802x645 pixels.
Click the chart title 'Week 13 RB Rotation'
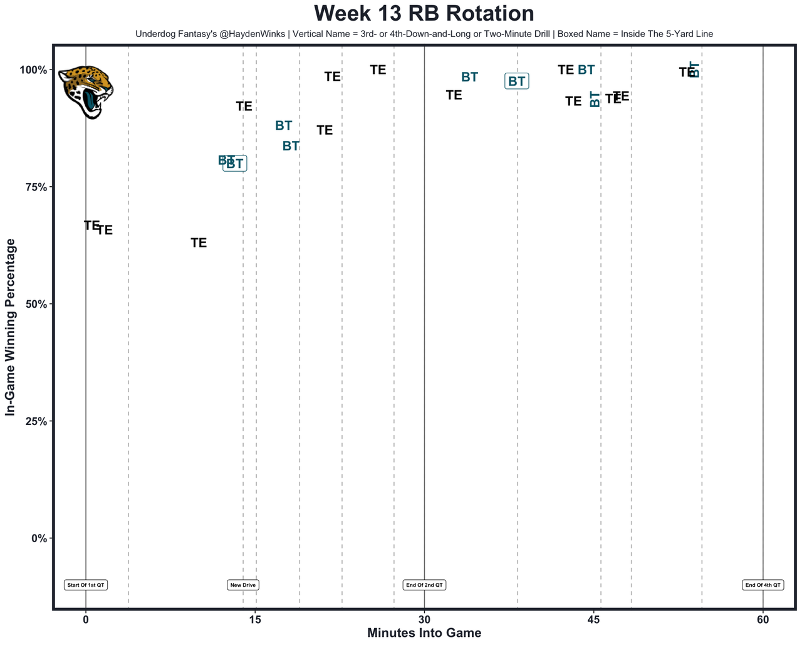click(x=424, y=14)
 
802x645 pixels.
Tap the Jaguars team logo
click(x=86, y=92)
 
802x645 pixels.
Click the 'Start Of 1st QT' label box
click(x=86, y=585)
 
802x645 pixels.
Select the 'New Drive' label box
click(x=243, y=585)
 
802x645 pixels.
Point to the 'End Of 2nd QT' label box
click(x=424, y=585)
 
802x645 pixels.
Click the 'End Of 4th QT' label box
click(x=763, y=585)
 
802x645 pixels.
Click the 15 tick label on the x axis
click(x=255, y=619)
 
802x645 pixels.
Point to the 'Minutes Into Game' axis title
click(x=424, y=633)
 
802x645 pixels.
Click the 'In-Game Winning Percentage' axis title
click(x=10, y=327)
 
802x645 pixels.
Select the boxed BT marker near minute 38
click(x=517, y=81)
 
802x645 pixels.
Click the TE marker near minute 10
click(x=199, y=243)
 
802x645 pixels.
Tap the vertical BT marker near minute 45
click(x=595, y=99)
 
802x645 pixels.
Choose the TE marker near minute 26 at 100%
click(x=378, y=70)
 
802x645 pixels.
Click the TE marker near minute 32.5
click(x=454, y=95)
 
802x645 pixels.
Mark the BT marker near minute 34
click(x=469, y=77)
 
